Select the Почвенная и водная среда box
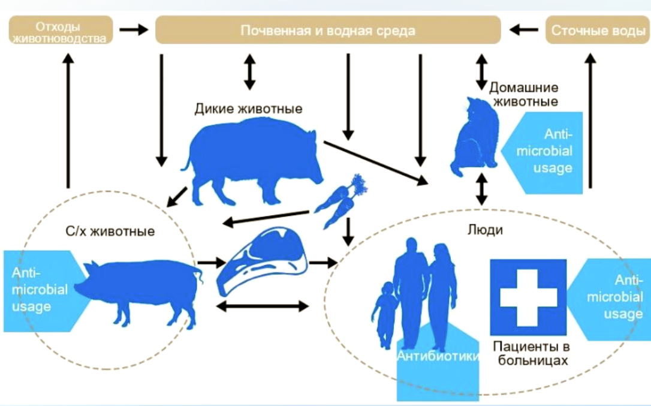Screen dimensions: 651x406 328,30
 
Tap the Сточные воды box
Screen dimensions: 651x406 597,30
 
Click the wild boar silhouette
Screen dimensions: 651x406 255,159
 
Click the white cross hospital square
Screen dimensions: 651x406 528,297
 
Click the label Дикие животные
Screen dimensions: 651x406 248,109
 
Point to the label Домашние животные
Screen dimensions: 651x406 524,94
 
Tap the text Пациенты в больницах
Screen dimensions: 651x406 531,354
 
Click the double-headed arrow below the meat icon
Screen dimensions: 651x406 261,306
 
